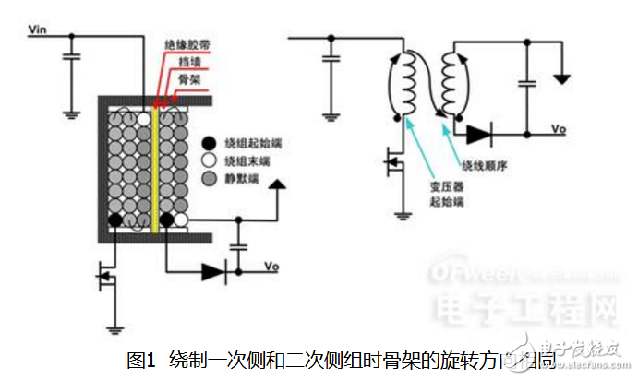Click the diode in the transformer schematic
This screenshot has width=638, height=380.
point(479,134)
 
